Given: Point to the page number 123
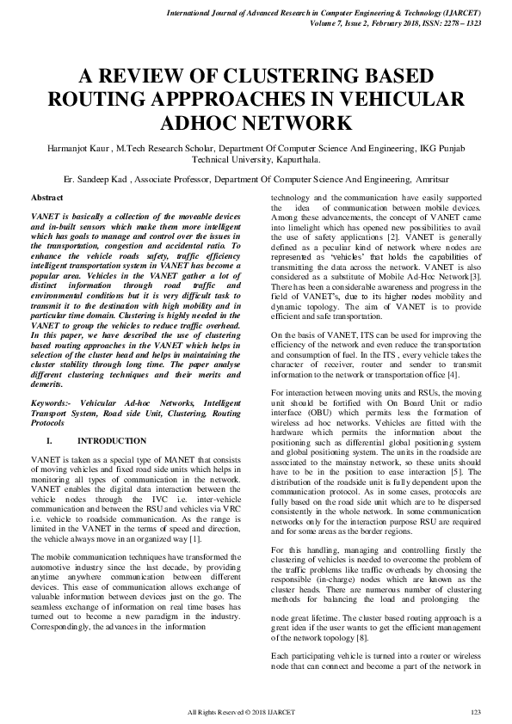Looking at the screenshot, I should click(x=475, y=711).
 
